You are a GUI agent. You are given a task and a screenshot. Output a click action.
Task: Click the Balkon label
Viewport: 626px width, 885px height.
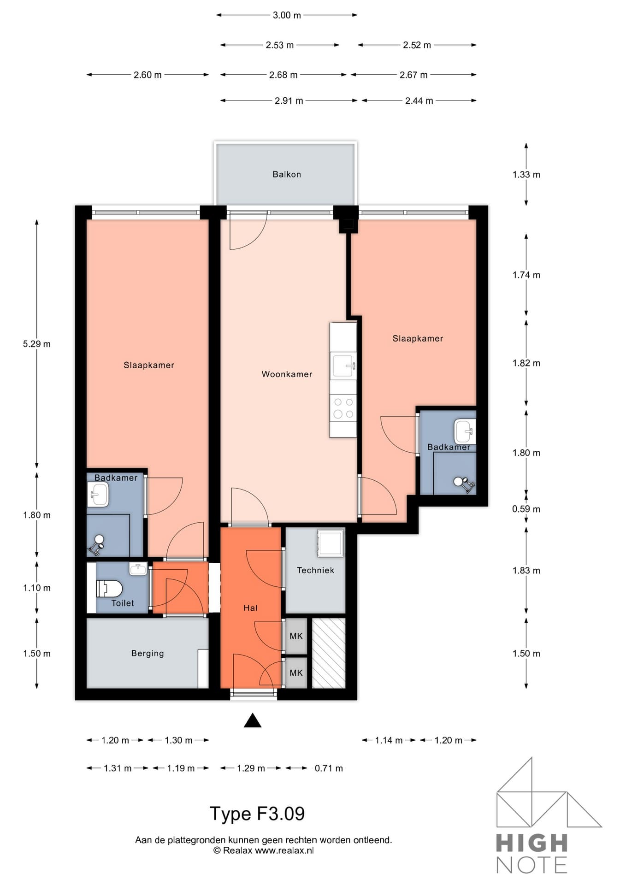[x=287, y=174]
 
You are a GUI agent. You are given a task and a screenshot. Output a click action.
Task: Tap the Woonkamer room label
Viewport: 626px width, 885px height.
[x=287, y=374]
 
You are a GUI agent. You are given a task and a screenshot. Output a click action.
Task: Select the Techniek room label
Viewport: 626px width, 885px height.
[x=315, y=570]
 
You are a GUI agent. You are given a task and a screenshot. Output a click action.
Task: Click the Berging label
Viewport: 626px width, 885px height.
[x=148, y=653]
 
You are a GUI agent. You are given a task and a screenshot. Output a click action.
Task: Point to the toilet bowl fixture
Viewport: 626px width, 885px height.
[x=109, y=589]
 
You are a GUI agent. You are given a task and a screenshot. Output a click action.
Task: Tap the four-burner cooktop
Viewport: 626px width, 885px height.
[x=343, y=408]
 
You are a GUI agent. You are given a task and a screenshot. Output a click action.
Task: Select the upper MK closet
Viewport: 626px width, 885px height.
[x=296, y=636]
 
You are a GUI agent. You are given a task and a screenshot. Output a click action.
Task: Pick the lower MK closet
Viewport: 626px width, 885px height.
[x=296, y=673]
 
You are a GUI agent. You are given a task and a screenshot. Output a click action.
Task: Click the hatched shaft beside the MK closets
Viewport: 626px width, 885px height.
[x=329, y=653]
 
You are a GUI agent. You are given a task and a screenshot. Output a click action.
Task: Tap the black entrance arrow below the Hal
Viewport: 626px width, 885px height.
[x=253, y=720]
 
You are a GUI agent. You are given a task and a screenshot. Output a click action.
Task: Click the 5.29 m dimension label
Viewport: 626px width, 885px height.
[x=37, y=344]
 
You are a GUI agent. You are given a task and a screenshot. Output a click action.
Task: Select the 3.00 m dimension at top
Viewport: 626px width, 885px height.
[x=287, y=15]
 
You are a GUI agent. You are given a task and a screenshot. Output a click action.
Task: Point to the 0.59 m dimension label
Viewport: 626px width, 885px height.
[x=526, y=509]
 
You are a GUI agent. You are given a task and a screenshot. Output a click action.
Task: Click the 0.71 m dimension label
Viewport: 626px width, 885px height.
[x=329, y=768]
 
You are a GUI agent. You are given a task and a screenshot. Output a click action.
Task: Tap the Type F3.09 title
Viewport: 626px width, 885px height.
[x=257, y=814]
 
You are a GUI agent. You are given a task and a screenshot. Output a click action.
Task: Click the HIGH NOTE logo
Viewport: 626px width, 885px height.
[x=542, y=816]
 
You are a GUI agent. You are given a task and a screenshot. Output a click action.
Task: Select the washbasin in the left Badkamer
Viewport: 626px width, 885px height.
[x=98, y=495]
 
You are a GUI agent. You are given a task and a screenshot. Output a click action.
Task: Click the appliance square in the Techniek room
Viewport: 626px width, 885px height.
[x=330, y=543]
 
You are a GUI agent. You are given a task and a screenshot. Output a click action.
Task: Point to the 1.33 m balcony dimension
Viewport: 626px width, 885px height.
[x=526, y=175]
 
